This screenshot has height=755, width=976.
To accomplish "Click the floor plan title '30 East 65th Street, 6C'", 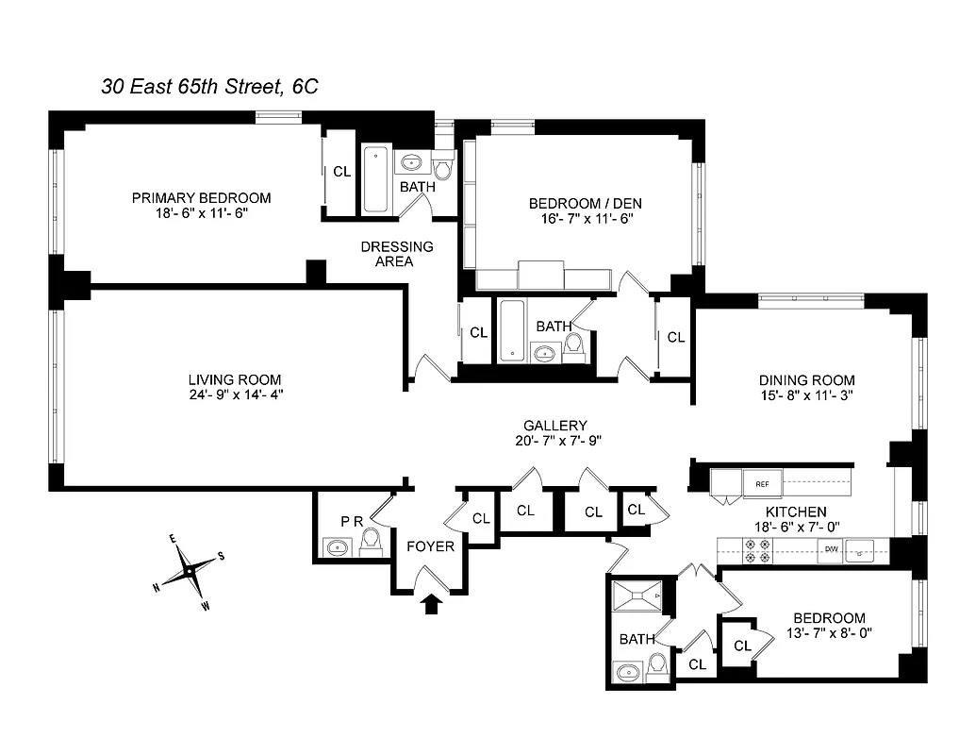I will pos(210,87).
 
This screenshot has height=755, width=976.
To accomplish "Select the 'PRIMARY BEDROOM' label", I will pos(201,198).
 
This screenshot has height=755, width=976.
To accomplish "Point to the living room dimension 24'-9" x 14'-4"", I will pos(236,395).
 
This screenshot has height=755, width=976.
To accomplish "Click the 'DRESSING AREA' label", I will pos(397,254).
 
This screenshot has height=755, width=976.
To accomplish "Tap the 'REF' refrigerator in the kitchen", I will pos(762,484).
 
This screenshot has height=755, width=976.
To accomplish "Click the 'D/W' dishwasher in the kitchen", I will pos(832,548).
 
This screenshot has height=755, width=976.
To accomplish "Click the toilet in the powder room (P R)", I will pos(371,541).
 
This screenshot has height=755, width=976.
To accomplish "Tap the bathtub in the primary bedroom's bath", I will pos(375,178).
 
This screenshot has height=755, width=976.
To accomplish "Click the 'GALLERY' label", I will pos(556,426).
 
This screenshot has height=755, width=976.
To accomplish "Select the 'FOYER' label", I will pos(430,546).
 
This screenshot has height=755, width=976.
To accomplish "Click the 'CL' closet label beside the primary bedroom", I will pos(341,173).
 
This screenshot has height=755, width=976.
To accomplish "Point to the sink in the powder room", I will pos(338,546).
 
